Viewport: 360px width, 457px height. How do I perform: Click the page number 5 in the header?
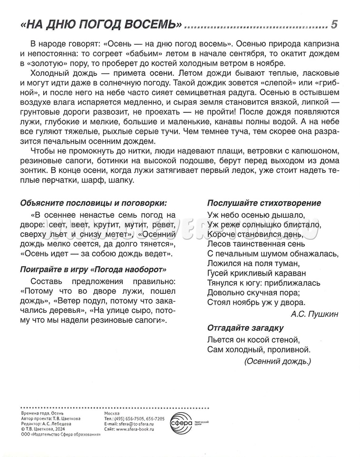[x=334, y=24]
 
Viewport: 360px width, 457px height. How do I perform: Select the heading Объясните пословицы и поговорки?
[x=94, y=203]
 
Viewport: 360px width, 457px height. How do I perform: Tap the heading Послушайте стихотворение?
[x=264, y=203]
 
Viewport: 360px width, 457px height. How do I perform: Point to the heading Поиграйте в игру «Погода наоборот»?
[x=94, y=269]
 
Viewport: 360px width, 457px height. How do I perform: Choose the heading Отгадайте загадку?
[x=245, y=328]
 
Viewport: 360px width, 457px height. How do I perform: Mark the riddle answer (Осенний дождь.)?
[x=277, y=361]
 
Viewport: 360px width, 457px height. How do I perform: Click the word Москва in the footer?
[x=112, y=413]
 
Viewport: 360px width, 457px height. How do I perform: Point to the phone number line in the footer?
[x=134, y=418]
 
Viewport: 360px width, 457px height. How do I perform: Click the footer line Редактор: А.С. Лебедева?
[x=47, y=424]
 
